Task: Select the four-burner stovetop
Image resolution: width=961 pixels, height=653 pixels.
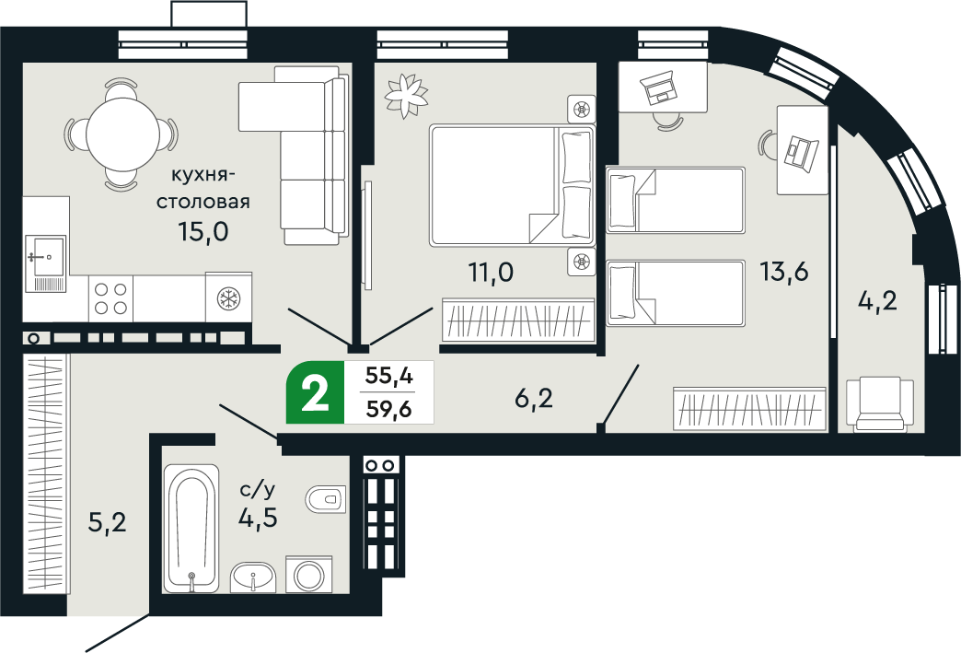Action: tap(110, 297)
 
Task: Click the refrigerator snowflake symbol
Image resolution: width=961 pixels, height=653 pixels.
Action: tap(228, 297)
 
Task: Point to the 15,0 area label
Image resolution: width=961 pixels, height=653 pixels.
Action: tap(203, 230)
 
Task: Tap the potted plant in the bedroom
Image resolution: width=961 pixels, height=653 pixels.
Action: tap(407, 91)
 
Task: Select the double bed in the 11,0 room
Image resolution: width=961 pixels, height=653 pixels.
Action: tap(511, 184)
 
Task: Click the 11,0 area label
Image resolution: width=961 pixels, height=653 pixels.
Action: tap(487, 272)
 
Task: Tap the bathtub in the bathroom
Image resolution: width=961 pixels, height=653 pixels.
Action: tap(191, 530)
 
